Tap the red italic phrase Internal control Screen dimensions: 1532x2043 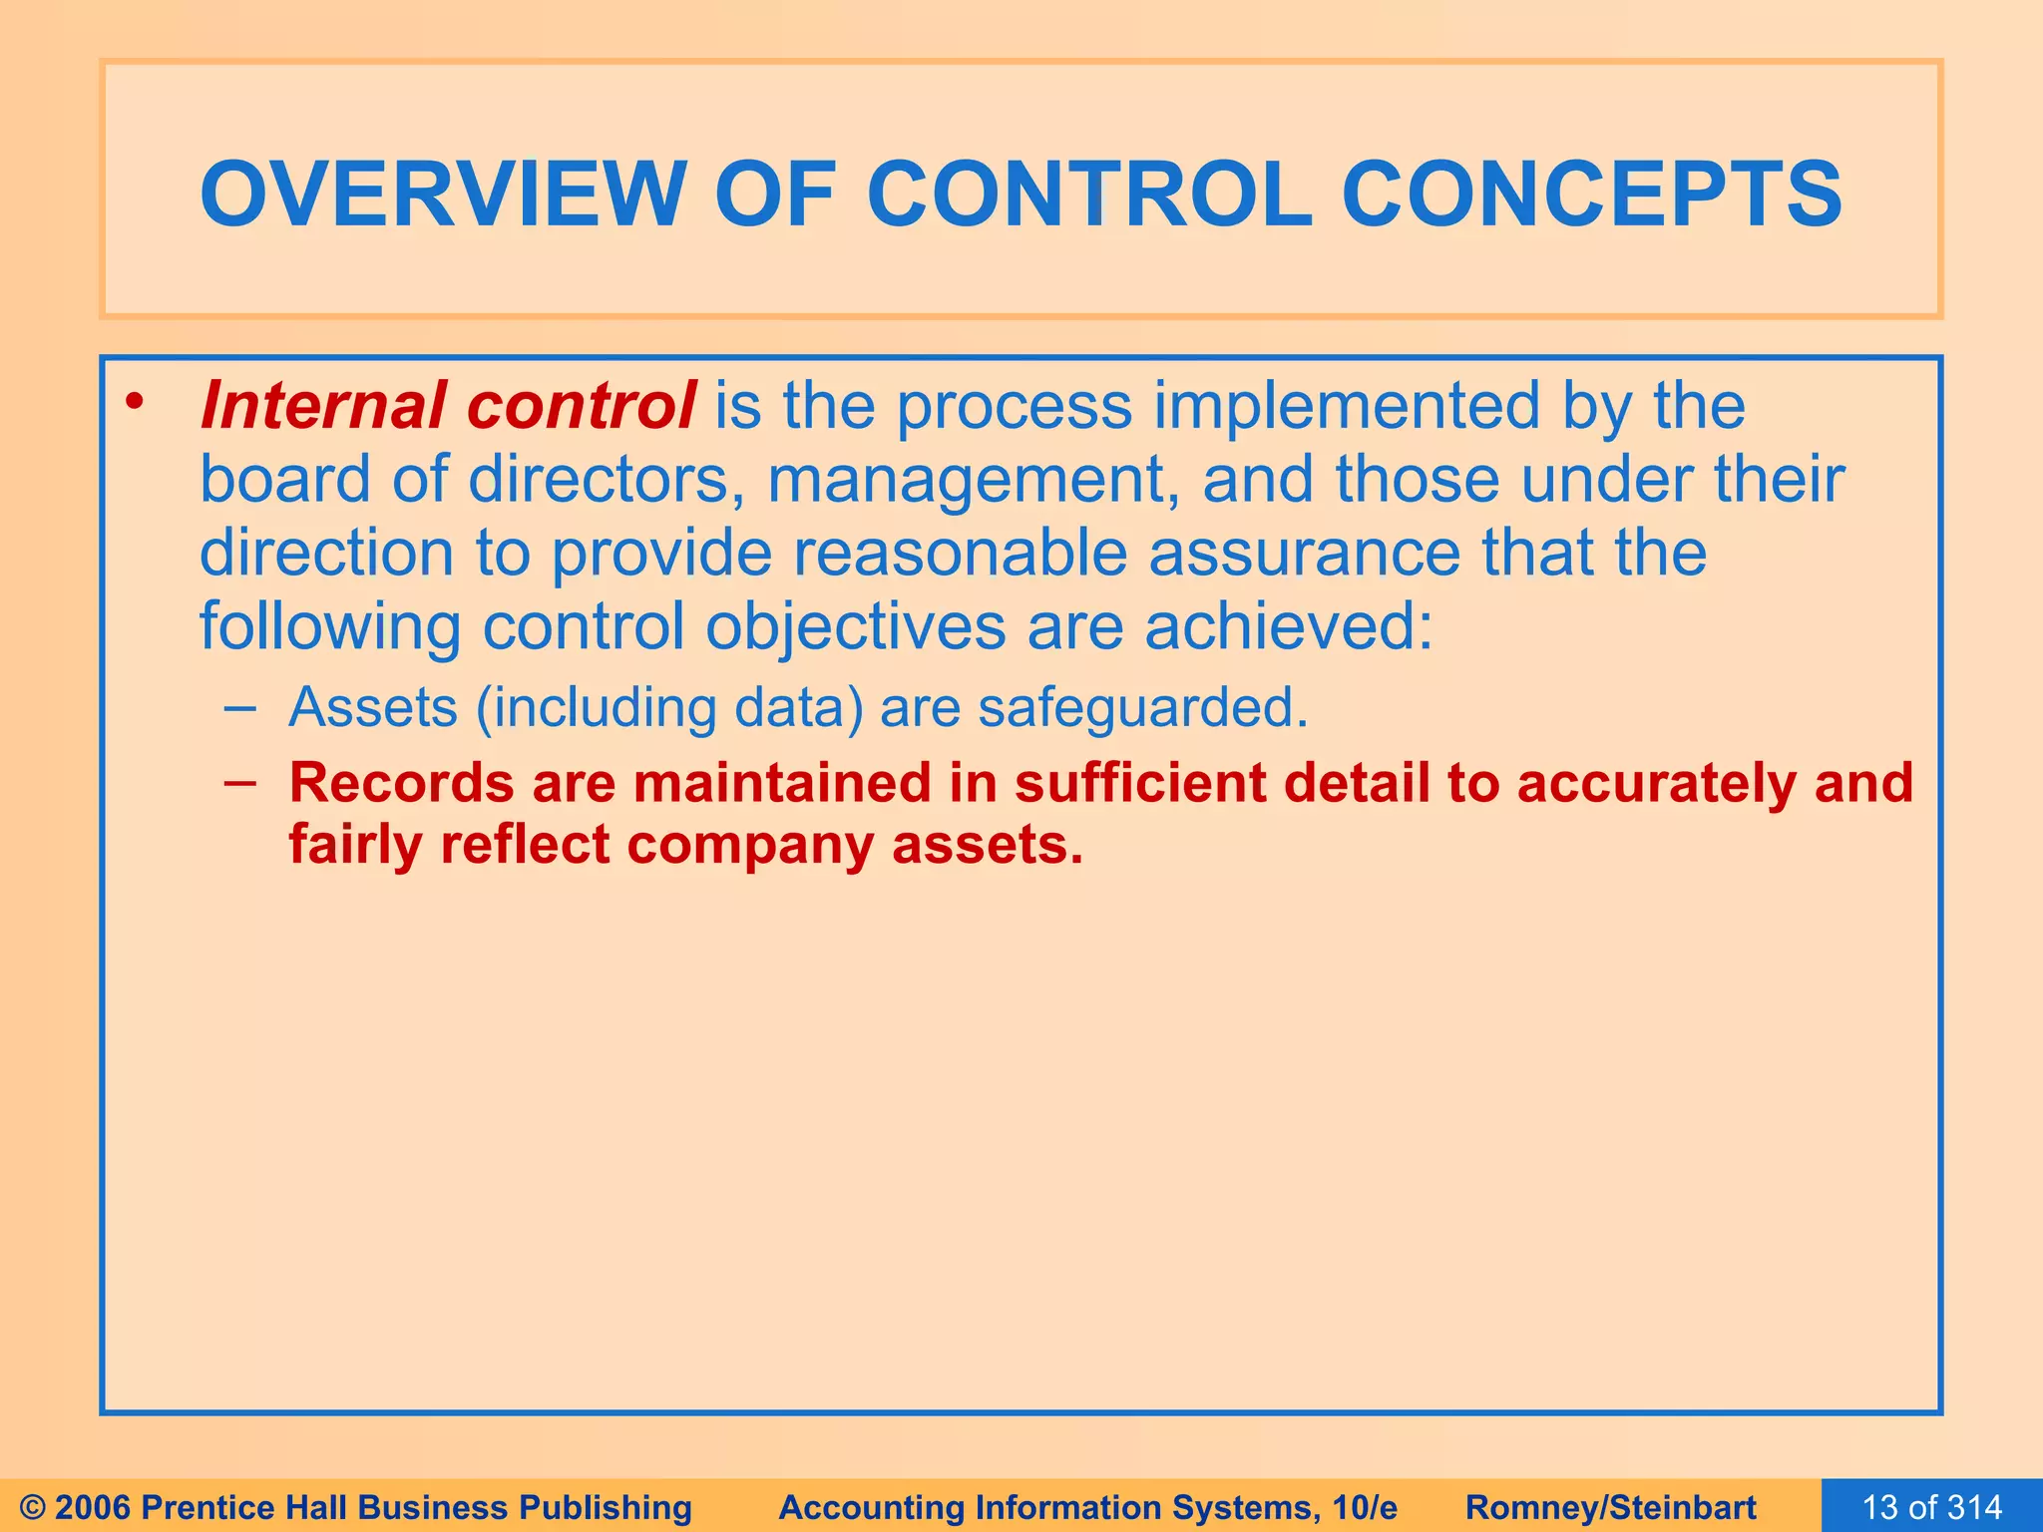coord(447,406)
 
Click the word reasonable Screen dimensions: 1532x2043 coord(960,554)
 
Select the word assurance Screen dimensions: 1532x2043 coord(1304,554)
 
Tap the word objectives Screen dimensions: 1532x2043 coord(856,628)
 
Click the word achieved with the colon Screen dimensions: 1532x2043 coord(1288,627)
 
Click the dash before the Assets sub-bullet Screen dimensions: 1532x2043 coord(239,708)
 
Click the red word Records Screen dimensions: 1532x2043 coord(401,783)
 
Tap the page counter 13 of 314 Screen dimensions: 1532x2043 coord(1931,1506)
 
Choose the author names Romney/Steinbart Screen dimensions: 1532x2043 coord(1610,1507)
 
